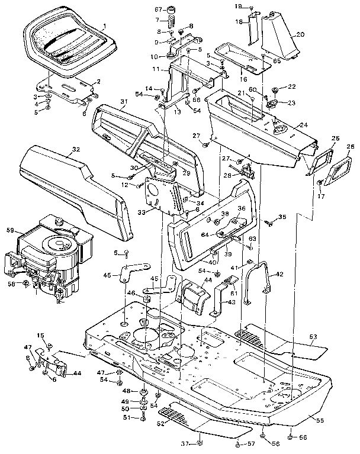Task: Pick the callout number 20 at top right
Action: click(300, 34)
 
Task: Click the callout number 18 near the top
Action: click(240, 21)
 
